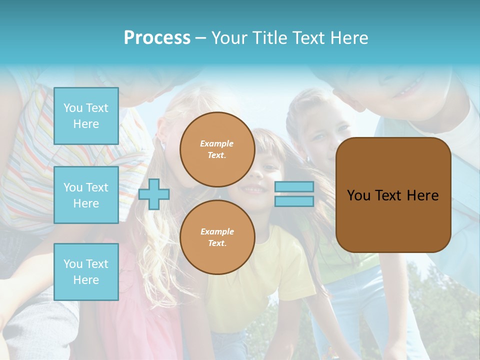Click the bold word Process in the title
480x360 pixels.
tap(157, 38)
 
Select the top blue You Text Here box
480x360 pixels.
tap(86, 116)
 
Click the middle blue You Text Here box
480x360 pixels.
tap(86, 195)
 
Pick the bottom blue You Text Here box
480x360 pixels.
tap(86, 271)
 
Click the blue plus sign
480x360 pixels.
tap(154, 194)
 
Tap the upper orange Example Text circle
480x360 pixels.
tap(217, 149)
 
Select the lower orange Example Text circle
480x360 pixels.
tap(217, 237)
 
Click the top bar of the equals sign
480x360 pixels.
tap(294, 186)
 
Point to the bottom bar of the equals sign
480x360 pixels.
tap(294, 201)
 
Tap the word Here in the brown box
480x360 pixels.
tap(422, 195)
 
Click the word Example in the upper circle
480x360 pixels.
tap(217, 143)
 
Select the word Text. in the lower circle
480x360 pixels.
tap(217, 243)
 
